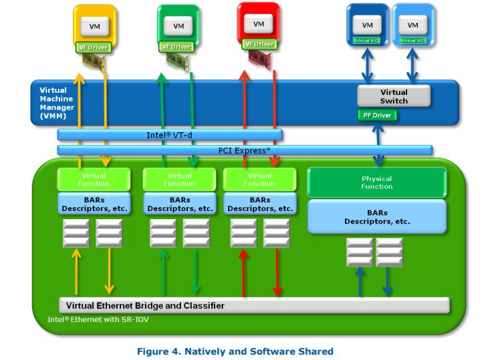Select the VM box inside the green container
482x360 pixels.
pyautogui.click(x=178, y=26)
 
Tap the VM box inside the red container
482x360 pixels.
pyautogui.click(x=258, y=23)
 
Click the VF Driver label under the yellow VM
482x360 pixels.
pyautogui.click(x=93, y=47)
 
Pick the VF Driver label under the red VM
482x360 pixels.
pyautogui.click(x=259, y=44)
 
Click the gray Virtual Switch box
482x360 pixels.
pyautogui.click(x=393, y=96)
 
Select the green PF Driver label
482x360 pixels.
pyautogui.click(x=377, y=116)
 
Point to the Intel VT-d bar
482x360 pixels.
pyautogui.click(x=170, y=135)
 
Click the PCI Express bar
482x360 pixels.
pyautogui.click(x=245, y=150)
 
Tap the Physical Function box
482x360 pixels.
pyautogui.click(x=376, y=182)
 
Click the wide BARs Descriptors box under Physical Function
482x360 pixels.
pyautogui.click(x=376, y=216)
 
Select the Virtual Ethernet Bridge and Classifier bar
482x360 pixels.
pyautogui.click(x=254, y=305)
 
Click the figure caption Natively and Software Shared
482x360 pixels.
pyautogui.click(x=235, y=351)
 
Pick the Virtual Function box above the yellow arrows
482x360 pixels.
pyautogui.click(x=94, y=179)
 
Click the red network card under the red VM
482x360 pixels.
pyautogui.click(x=259, y=59)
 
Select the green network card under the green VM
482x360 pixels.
pyautogui.click(x=179, y=61)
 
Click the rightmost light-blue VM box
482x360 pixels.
pyautogui.click(x=412, y=25)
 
